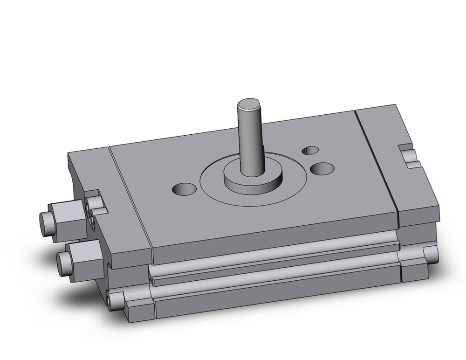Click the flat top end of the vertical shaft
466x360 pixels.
tap(249, 103)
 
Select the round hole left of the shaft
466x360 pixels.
tap(185, 189)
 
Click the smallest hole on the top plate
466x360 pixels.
tap(310, 150)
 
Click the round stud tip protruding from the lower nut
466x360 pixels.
tap(62, 264)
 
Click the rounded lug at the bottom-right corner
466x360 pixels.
tap(431, 256)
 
